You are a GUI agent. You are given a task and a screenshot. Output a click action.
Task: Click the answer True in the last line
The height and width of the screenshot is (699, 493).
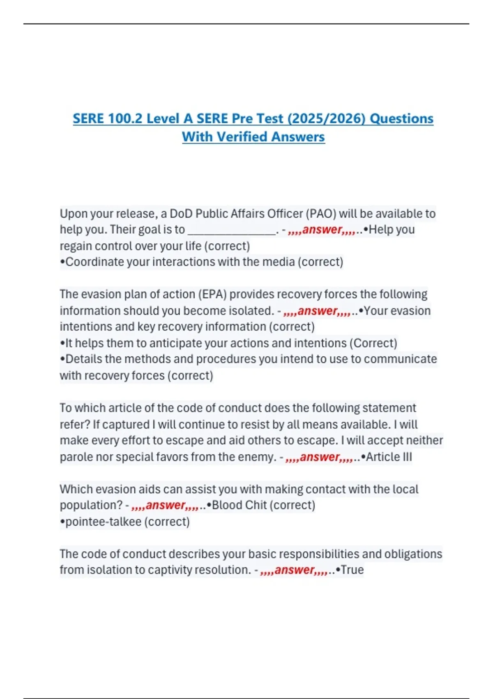click(352, 570)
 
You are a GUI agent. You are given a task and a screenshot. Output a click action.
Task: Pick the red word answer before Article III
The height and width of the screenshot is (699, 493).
click(320, 457)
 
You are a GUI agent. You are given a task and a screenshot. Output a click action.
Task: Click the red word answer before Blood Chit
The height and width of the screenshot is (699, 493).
click(166, 505)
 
